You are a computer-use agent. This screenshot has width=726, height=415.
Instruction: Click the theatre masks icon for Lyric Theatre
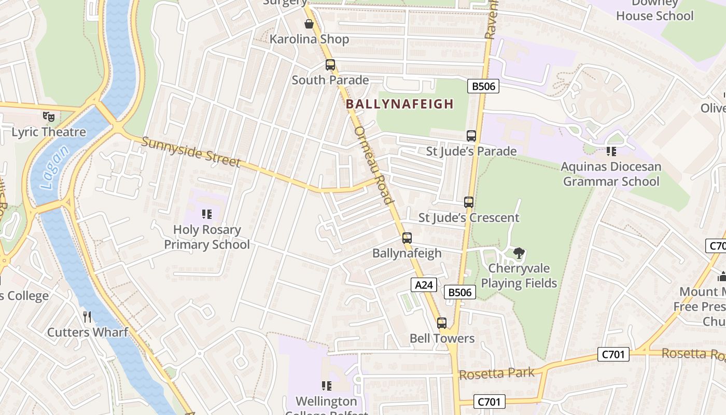point(49,117)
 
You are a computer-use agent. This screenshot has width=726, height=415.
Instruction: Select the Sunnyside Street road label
point(191,152)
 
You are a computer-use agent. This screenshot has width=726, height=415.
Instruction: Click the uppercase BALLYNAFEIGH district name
point(400,104)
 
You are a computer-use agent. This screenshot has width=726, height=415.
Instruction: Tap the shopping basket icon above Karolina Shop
point(309,24)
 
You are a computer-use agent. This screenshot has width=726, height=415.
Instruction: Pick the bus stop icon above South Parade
point(330,65)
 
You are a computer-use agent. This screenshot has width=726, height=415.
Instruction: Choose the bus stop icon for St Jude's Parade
point(471,136)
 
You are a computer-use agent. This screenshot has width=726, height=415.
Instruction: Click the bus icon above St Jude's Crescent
point(469,202)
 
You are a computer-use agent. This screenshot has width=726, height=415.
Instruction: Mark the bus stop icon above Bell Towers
point(442,323)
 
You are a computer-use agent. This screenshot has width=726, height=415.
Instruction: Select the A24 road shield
point(424,284)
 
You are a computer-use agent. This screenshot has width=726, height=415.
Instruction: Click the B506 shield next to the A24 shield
point(460,293)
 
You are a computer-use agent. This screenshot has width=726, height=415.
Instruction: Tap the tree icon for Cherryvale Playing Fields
point(519,253)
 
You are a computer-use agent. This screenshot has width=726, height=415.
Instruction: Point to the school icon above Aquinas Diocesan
point(611,151)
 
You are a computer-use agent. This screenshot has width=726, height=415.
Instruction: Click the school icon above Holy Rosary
point(207,214)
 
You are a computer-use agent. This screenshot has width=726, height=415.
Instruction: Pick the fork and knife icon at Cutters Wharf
point(87,316)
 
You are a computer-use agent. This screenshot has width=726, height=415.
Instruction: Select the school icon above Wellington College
point(326,385)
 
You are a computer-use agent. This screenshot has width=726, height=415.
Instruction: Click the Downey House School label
point(654,9)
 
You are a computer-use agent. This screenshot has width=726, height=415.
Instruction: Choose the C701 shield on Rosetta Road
point(614,355)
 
